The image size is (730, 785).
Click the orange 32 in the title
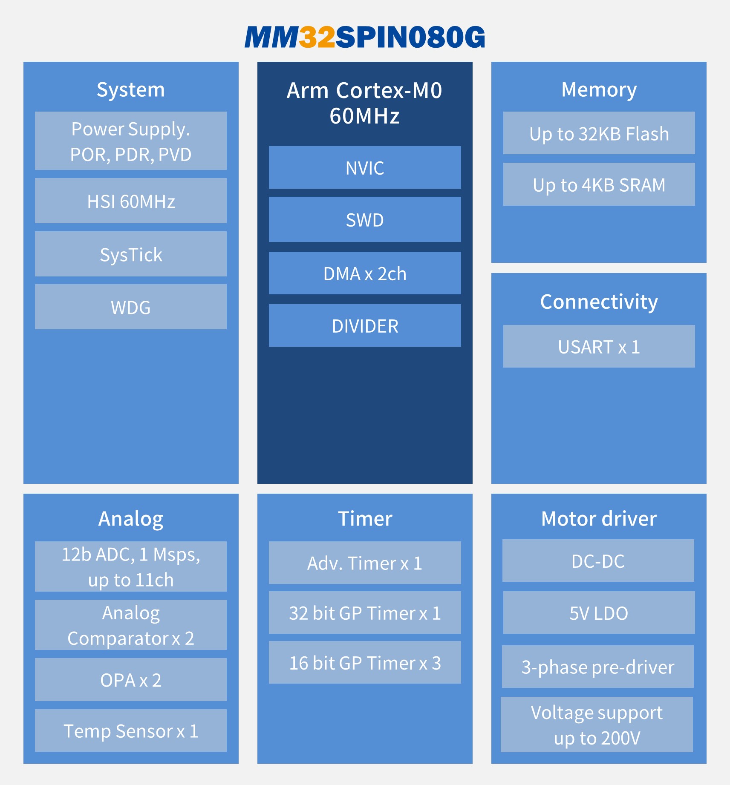pyautogui.click(x=317, y=37)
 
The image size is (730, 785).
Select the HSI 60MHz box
pyautogui.click(x=130, y=201)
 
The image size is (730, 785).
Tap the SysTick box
pyautogui.click(x=130, y=254)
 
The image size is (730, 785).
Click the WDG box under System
pyautogui.click(x=130, y=307)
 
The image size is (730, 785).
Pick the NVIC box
pyautogui.click(x=365, y=168)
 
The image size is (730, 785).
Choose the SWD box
pyautogui.click(x=365, y=220)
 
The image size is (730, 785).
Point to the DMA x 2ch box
pyautogui.click(x=365, y=273)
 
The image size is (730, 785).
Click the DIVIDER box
pyautogui.click(x=365, y=326)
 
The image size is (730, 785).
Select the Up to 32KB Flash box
pyautogui.click(x=599, y=133)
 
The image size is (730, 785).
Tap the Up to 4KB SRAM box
pyautogui.click(x=599, y=185)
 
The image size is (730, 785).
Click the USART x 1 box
pyautogui.click(x=599, y=347)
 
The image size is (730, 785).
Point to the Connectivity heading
pyautogui.click(x=599, y=302)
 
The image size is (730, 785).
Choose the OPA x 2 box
pyautogui.click(x=130, y=680)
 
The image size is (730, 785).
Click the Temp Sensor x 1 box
pyautogui.click(x=130, y=731)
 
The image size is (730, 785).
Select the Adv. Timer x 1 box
pyautogui.click(x=365, y=563)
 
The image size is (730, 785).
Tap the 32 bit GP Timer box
pyautogui.click(x=365, y=613)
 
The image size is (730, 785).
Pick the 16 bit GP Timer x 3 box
pyautogui.click(x=365, y=663)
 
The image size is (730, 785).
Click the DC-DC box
pyautogui.click(x=598, y=561)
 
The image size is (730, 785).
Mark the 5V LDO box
pyautogui.click(x=599, y=613)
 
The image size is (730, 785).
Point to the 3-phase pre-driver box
pyautogui.click(x=597, y=667)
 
